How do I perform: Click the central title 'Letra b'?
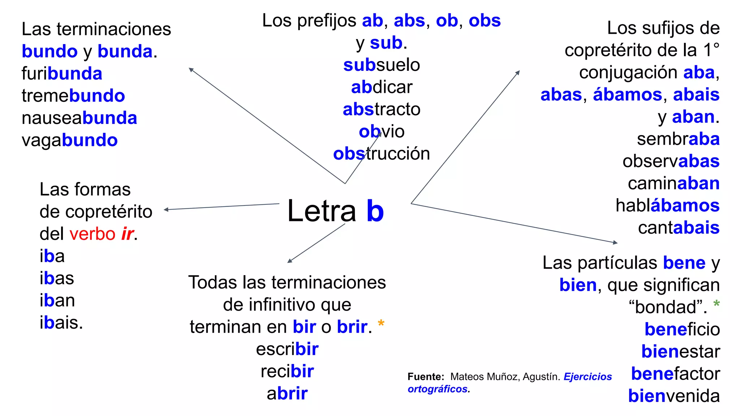(335, 211)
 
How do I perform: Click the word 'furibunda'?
(62, 74)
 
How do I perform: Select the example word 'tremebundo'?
(73, 96)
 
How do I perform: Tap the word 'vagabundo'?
(70, 140)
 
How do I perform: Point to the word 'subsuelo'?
(382, 65)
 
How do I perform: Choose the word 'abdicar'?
(382, 87)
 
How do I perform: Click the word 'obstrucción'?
(382, 154)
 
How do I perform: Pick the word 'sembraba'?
(678, 139)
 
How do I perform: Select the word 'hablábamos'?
(667, 205)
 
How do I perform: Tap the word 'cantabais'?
(679, 228)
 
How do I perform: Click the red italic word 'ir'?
(128, 234)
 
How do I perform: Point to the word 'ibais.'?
(61, 322)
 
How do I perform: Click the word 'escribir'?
(287, 349)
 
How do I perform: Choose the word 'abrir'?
(287, 394)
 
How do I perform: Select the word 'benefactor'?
(675, 374)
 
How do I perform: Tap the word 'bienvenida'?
(674, 396)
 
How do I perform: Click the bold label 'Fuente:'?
(426, 377)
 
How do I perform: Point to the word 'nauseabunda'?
(79, 118)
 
